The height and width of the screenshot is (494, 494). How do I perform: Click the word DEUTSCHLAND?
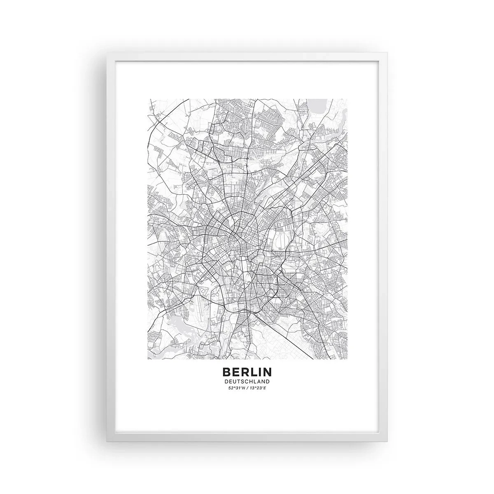[x=247, y=382]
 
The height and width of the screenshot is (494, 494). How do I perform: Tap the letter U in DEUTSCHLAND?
[x=235, y=382]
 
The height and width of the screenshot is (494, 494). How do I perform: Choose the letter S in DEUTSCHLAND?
[x=242, y=382]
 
